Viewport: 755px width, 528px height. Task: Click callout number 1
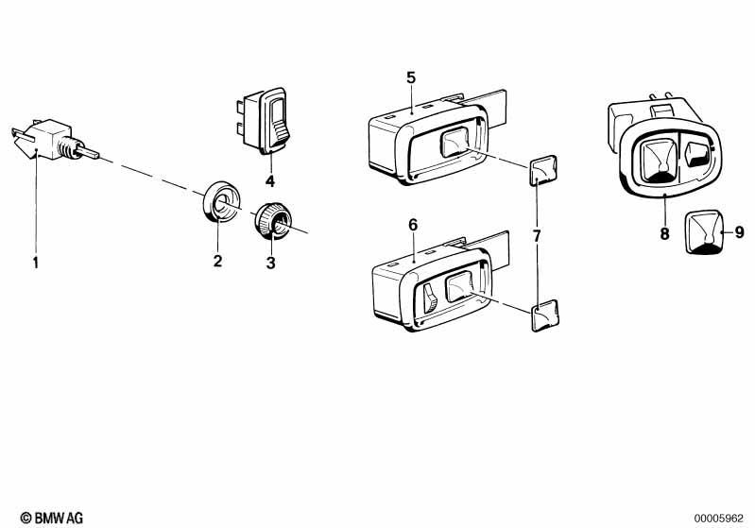pos(35,263)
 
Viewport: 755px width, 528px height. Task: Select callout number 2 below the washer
pos(217,261)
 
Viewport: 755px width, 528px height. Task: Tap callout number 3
pos(270,263)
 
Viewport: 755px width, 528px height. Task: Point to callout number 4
pos(270,181)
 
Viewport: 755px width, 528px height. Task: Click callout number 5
pos(411,77)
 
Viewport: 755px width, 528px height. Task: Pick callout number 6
pos(413,225)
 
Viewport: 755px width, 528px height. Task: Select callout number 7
pos(537,236)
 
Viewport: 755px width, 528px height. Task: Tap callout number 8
pos(664,234)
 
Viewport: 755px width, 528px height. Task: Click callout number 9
pos(740,232)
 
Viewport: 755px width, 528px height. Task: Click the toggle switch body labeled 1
pos(51,140)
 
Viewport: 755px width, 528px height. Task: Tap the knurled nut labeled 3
pos(272,220)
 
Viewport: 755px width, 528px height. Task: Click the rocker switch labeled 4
pos(264,120)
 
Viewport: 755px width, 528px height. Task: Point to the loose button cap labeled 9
pos(704,232)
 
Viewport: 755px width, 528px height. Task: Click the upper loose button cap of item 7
pos(543,170)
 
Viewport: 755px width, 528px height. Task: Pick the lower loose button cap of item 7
pos(545,315)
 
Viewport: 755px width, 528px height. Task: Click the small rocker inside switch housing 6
pos(430,298)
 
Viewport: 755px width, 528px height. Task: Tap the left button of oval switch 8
pos(660,160)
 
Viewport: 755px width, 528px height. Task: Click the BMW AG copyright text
pos(52,518)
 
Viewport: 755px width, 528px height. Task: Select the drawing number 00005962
pos(718,519)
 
